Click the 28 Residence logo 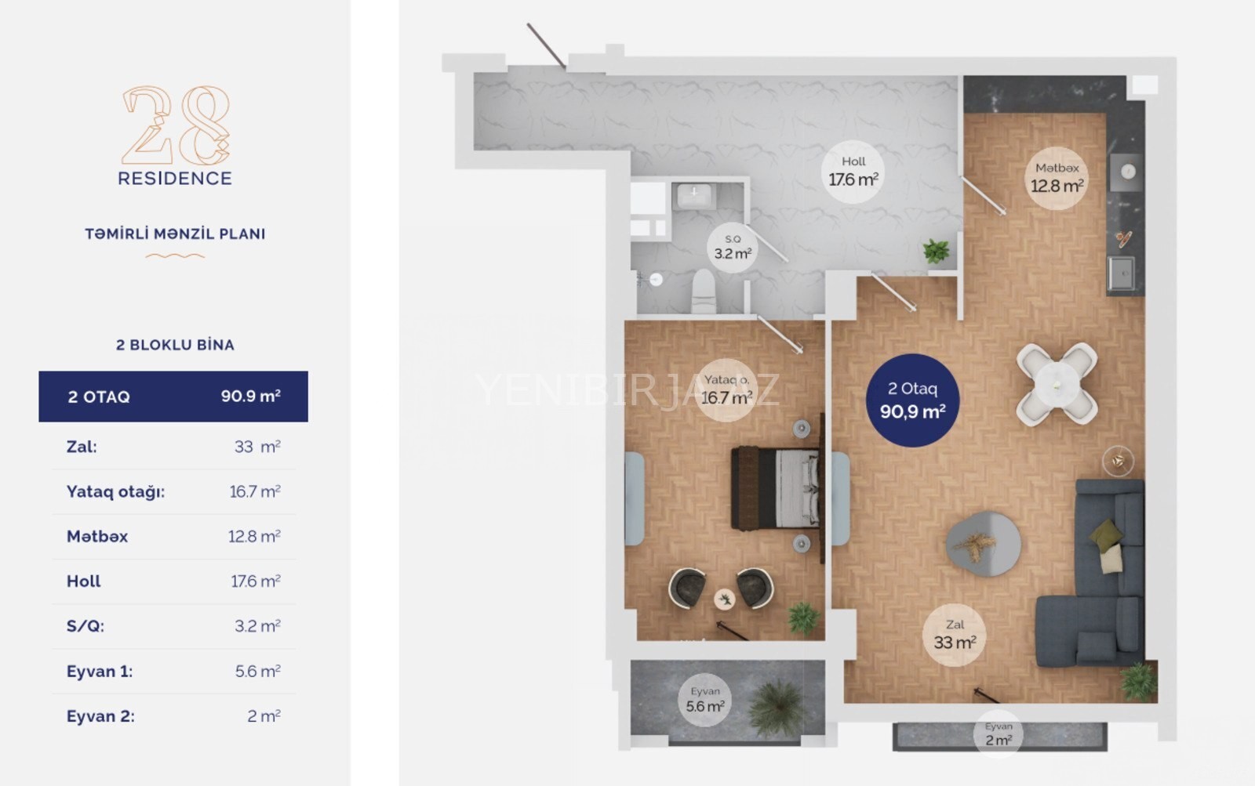pos(175,136)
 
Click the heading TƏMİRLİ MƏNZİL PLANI pos(175,234)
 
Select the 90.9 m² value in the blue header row pos(250,396)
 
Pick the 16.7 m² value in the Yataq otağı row pos(255,491)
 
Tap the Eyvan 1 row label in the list pos(100,672)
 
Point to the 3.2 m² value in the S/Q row pos(258,626)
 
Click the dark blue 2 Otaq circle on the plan pos(913,400)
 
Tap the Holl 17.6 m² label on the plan pos(853,172)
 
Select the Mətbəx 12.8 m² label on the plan pos(1057,178)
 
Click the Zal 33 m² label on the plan pos(955,635)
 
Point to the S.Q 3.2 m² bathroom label pos(733,248)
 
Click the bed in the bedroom pos(775,487)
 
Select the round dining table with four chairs pos(1057,383)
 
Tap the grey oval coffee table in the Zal pos(984,544)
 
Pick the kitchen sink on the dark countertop pos(1121,273)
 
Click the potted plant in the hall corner pos(937,252)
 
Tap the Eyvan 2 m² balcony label pos(999,734)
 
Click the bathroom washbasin pos(694,196)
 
